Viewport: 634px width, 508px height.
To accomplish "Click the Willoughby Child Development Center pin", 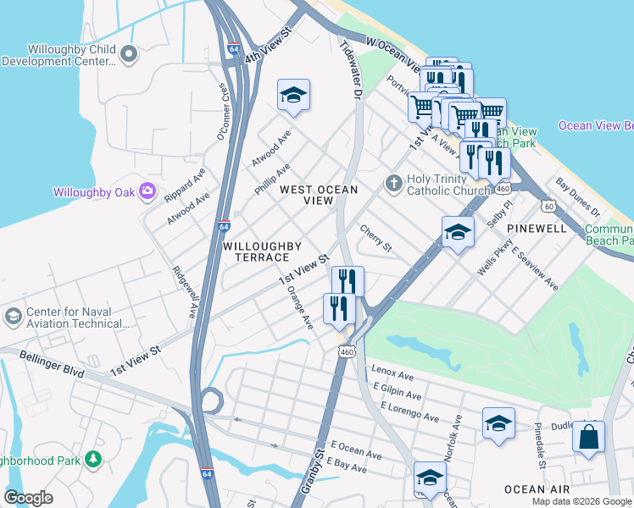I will [129, 55].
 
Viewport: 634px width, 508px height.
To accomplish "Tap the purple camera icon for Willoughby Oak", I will [148, 191].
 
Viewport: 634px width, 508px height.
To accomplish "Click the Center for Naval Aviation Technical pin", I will [13, 317].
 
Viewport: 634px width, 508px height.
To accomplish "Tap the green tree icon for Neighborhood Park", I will [92, 460].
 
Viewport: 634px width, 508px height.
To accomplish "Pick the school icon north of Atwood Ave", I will [293, 97].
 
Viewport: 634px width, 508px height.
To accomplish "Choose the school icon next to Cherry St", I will [458, 232].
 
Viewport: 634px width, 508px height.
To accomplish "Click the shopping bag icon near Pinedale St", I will [588, 438].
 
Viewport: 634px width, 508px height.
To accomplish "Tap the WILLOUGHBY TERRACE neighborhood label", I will [262, 251].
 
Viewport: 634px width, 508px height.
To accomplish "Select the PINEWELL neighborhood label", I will [537, 229].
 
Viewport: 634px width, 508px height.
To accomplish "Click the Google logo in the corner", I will [28, 498].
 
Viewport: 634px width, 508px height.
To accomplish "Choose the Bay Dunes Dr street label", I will [577, 196].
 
